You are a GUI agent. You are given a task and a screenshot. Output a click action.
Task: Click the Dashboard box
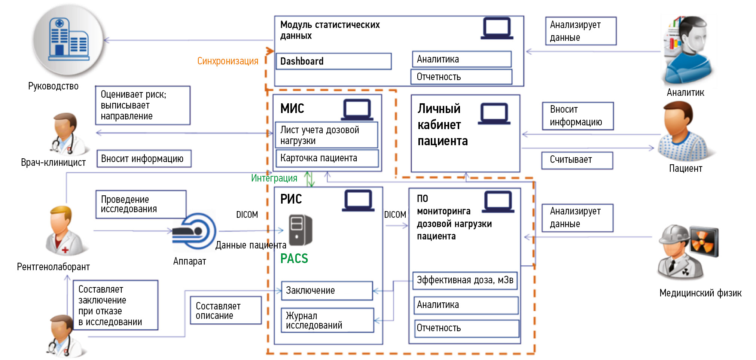(x=333, y=61)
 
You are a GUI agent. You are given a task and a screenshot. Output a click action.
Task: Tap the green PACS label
(x=294, y=259)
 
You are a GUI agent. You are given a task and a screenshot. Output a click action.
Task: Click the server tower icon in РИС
(x=301, y=230)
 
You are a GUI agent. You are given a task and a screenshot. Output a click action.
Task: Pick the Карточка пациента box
(x=327, y=158)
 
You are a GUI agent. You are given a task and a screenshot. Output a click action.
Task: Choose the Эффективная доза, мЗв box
(x=465, y=280)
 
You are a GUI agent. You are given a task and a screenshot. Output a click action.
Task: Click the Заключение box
(x=327, y=290)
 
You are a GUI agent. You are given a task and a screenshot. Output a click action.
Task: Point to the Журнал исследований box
(x=327, y=320)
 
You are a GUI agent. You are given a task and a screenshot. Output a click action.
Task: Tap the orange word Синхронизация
(x=228, y=61)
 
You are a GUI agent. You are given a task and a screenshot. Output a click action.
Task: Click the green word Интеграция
(x=274, y=178)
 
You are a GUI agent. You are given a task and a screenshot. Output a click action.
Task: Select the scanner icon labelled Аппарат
(x=194, y=231)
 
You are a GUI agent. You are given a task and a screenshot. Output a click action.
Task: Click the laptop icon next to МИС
(x=357, y=110)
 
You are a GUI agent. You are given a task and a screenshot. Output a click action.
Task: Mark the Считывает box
(x=577, y=160)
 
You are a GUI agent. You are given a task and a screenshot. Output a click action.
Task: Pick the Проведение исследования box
(x=141, y=204)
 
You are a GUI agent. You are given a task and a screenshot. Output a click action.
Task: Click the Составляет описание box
(x=226, y=311)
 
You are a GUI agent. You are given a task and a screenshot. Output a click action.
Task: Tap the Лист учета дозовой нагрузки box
(x=326, y=135)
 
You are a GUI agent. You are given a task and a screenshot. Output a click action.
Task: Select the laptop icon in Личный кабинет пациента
(x=494, y=114)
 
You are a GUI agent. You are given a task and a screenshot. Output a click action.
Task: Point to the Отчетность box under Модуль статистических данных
(x=461, y=77)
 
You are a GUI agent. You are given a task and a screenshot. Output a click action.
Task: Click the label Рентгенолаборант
(x=53, y=267)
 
